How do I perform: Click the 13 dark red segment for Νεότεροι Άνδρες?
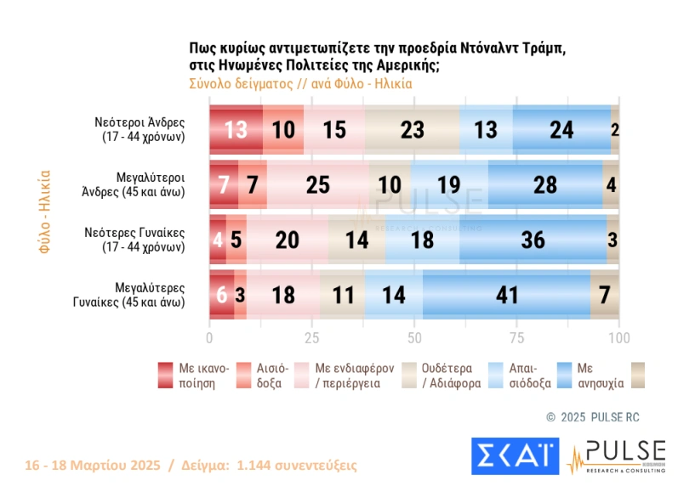tap(236, 129)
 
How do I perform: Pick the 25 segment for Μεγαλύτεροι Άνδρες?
tap(318, 184)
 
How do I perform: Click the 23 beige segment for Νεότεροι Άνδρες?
tap(412, 129)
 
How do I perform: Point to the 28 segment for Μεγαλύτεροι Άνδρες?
tap(545, 184)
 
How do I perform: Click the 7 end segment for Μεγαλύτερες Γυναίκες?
tap(605, 294)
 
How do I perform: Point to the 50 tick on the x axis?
tap(414, 337)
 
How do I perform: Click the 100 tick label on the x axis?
tap(618, 337)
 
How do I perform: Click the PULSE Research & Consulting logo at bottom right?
tap(614, 455)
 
